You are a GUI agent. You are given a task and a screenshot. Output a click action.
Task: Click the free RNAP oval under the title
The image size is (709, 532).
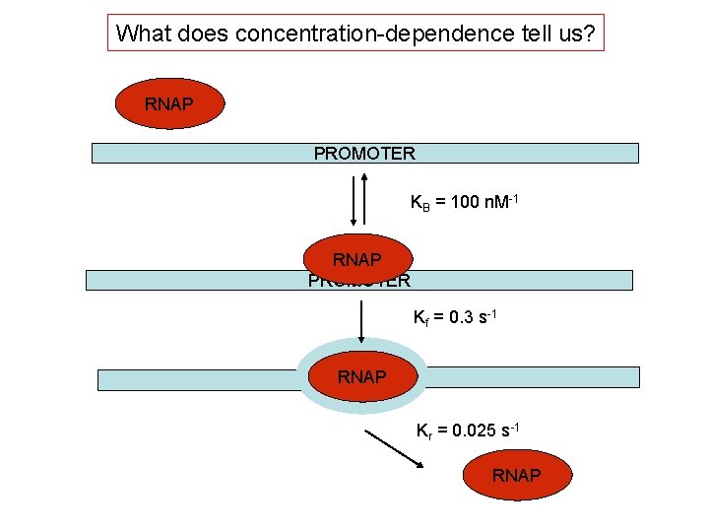pyautogui.click(x=169, y=103)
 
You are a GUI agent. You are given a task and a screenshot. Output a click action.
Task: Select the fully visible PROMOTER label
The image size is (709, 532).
pyautogui.click(x=364, y=153)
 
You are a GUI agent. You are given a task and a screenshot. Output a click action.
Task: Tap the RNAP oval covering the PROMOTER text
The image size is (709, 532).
pyautogui.click(x=357, y=259)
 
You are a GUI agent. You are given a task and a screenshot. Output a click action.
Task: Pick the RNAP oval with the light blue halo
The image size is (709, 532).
pyautogui.click(x=361, y=376)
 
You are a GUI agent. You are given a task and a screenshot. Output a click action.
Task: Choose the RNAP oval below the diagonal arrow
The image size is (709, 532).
pyautogui.click(x=516, y=475)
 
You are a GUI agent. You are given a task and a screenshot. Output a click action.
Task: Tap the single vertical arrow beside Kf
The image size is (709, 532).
pyautogui.click(x=361, y=320)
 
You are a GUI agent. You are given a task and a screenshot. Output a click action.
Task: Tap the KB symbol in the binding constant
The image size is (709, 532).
pyautogui.click(x=418, y=204)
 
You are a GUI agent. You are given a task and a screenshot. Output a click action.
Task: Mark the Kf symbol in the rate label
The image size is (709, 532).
pyautogui.click(x=419, y=320)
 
